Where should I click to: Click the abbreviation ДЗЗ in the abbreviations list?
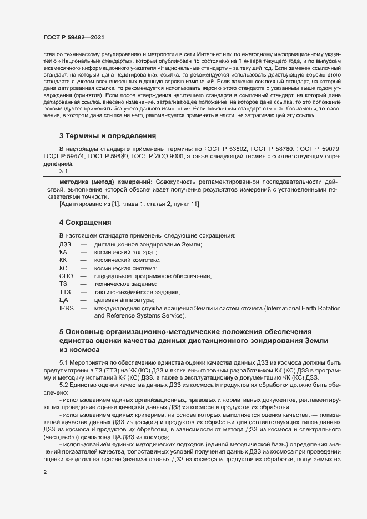coord(65,245)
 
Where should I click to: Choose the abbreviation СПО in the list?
coord(66,276)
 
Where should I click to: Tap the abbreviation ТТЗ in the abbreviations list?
coord(64,292)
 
